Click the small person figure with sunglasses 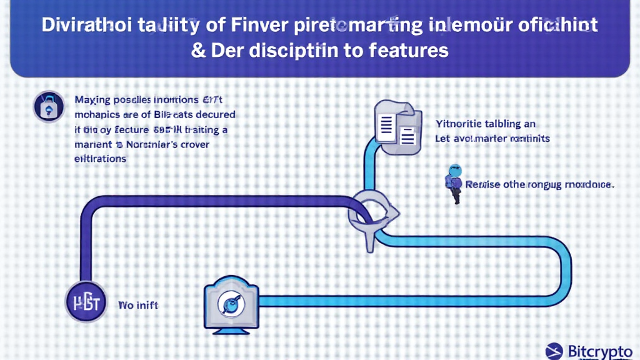pyautogui.click(x=454, y=183)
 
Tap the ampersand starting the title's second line pyautogui.click(x=199, y=50)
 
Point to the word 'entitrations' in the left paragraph pyautogui.click(x=100, y=159)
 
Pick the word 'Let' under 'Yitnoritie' pyautogui.click(x=443, y=138)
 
